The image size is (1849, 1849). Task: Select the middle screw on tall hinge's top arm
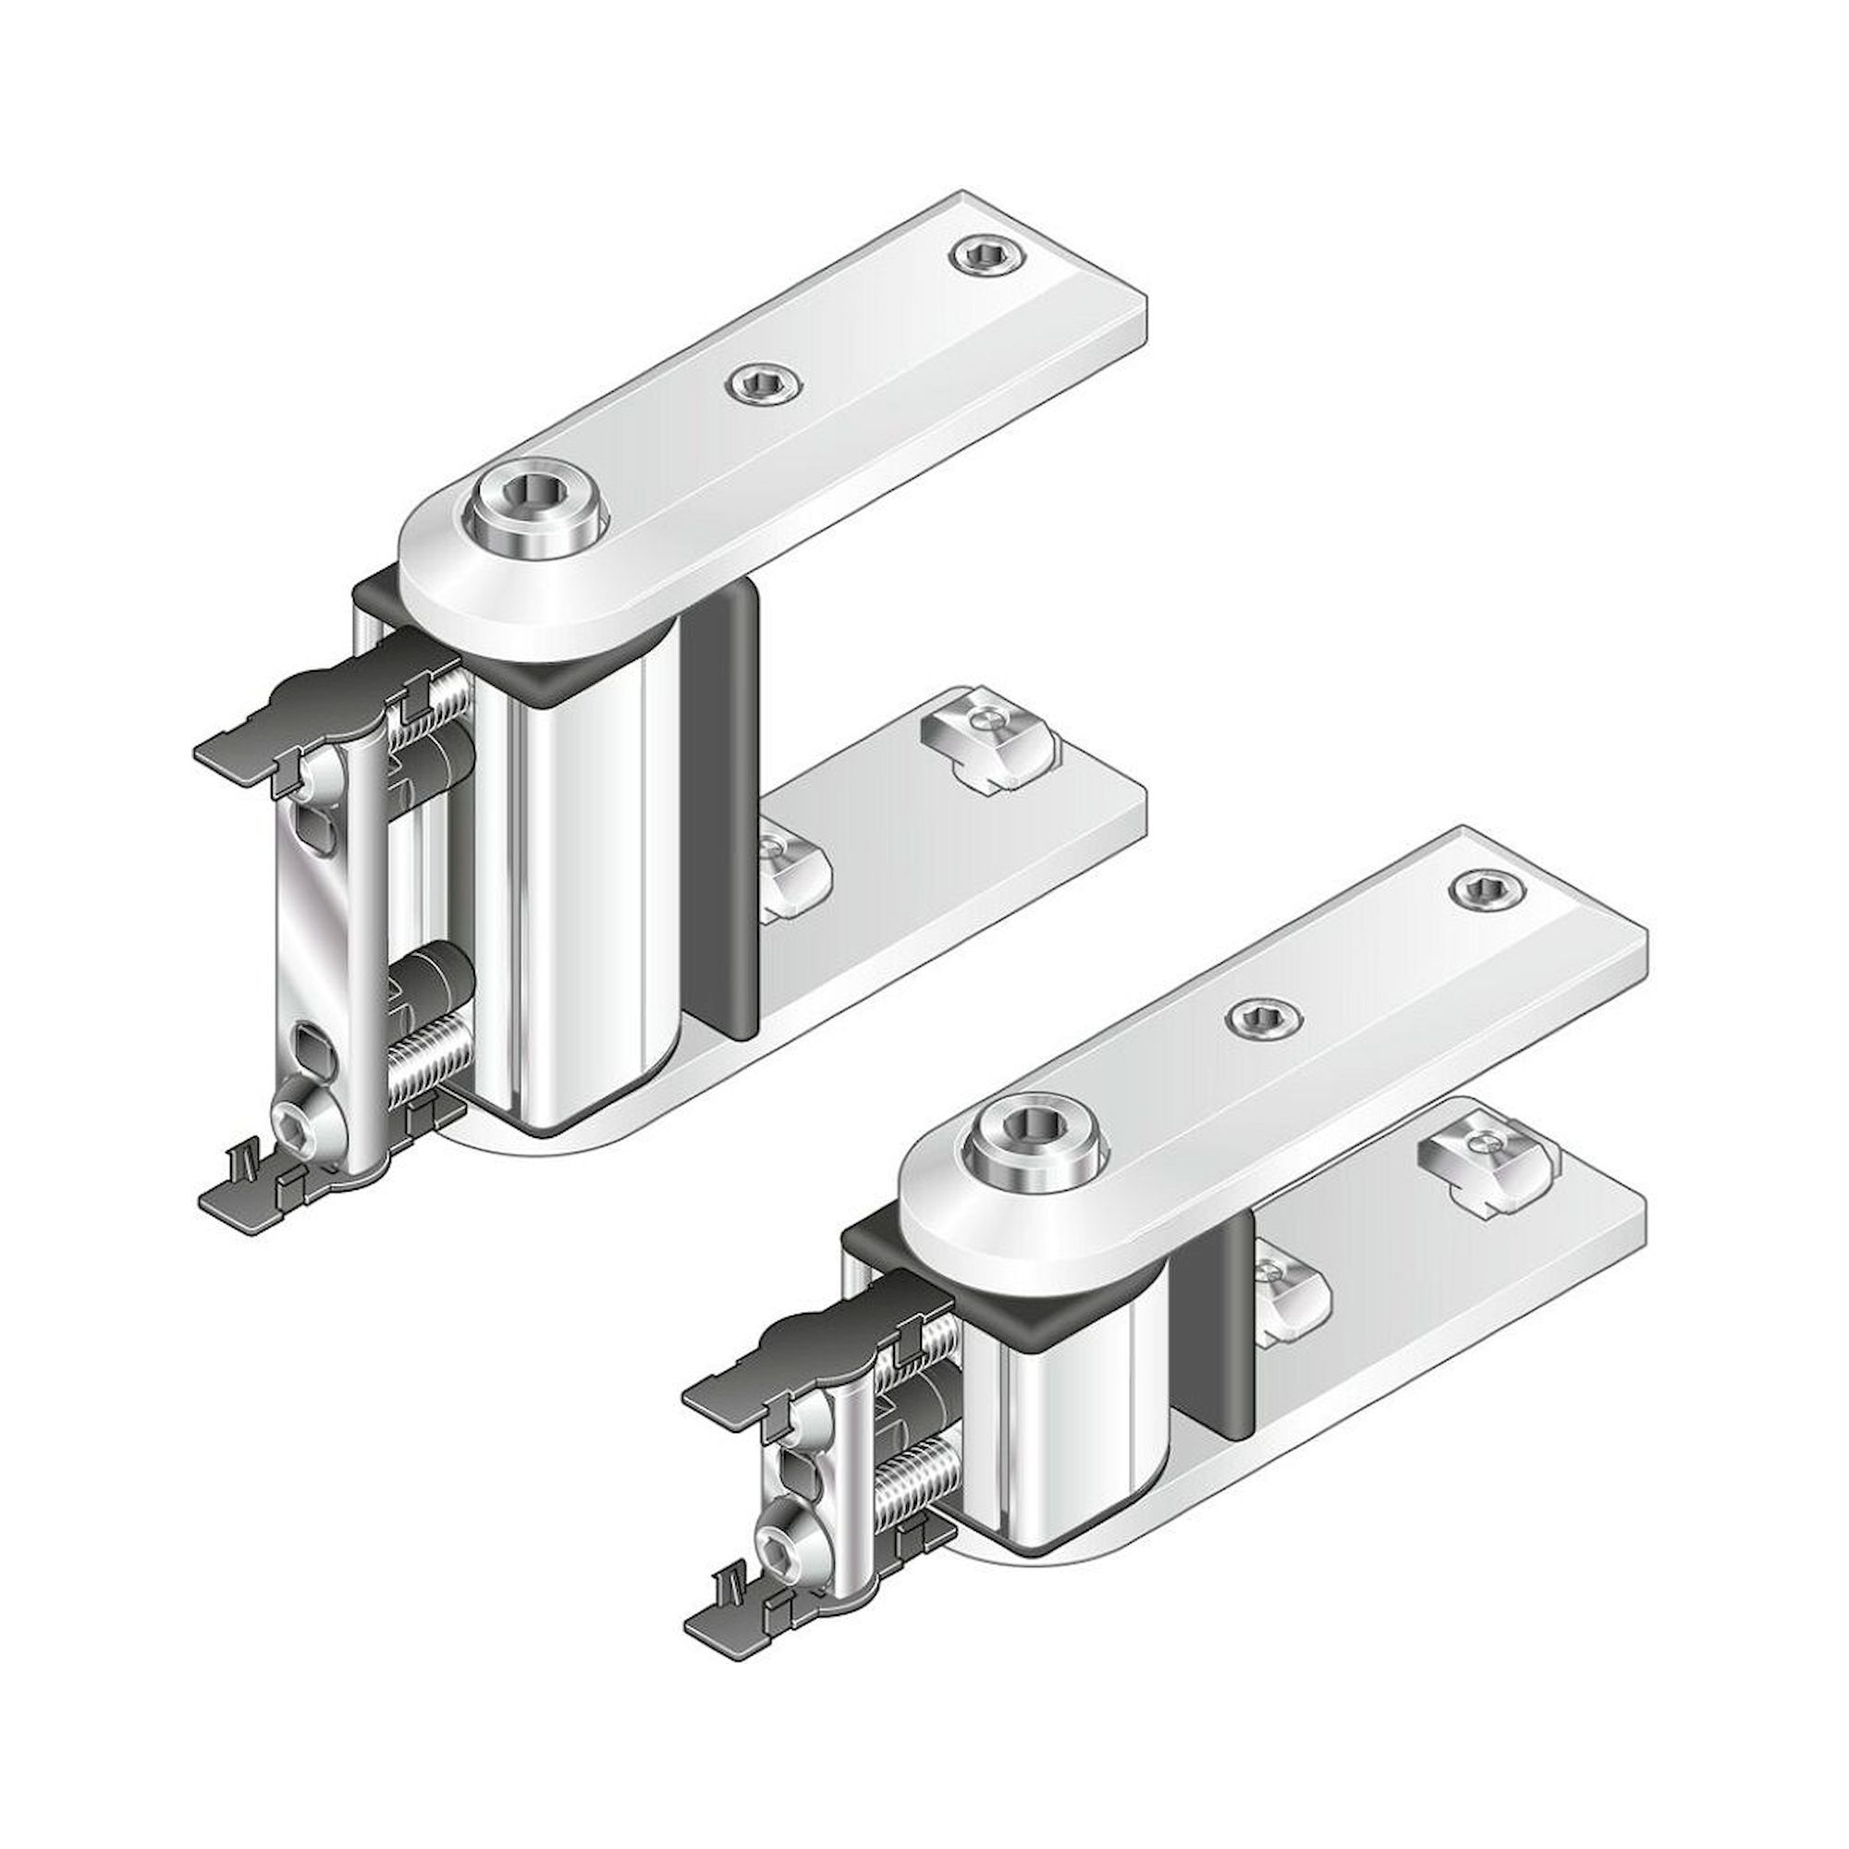pos(763,385)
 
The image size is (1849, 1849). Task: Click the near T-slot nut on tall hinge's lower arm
pos(792,873)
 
